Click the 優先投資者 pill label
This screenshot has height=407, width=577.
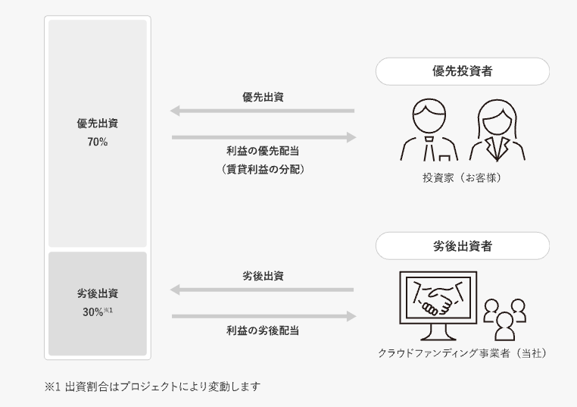point(462,72)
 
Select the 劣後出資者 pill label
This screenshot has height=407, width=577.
point(462,246)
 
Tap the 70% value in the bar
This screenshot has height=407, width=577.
point(97,141)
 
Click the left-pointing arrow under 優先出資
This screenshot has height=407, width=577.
point(262,111)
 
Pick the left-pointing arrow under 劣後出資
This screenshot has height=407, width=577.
point(262,290)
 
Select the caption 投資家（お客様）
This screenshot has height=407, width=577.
point(462,179)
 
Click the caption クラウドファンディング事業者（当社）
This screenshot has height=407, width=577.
point(463,353)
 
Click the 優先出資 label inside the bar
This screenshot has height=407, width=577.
point(97,124)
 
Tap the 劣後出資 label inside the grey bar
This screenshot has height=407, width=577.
point(97,294)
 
